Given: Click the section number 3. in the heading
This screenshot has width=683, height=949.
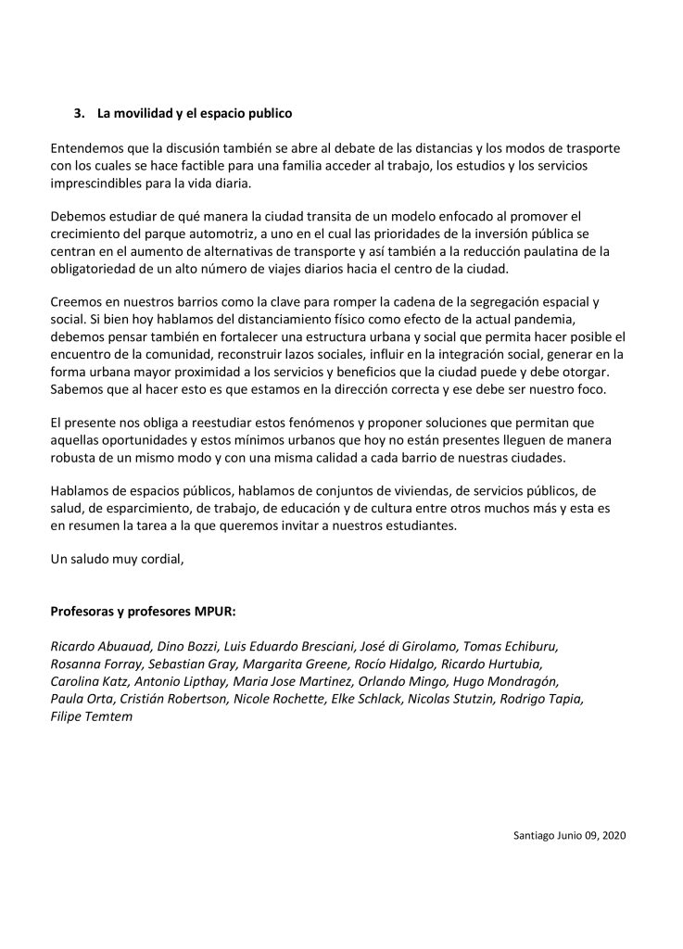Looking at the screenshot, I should [x=80, y=114].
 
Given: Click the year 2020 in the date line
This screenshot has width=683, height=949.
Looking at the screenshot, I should [x=613, y=836].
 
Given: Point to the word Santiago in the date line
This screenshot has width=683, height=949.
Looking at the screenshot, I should [x=535, y=836].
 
